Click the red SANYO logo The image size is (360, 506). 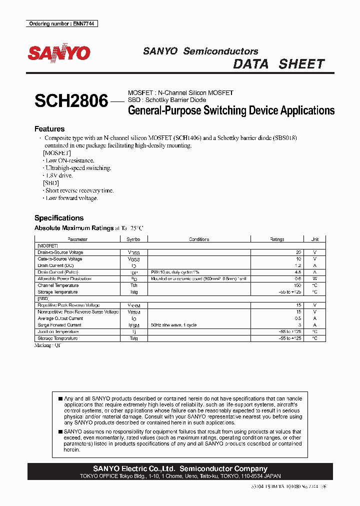coord(59,53)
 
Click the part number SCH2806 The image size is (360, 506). coord(71,101)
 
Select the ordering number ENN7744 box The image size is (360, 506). coord(61,23)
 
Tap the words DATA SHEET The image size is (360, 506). coord(279,64)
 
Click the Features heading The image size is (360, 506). coord(49,129)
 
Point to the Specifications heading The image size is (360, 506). coord(59,218)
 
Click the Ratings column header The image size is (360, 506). coord(277,239)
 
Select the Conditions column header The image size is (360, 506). coord(199,239)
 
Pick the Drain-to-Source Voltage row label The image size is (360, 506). coord(60,252)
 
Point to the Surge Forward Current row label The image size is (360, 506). coord(59,325)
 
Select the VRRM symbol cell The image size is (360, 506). coord(134,305)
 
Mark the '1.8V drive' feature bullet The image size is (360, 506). coord(59,175)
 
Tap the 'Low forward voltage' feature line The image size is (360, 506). coord(71,198)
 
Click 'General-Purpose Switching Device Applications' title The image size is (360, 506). coord(231,110)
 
